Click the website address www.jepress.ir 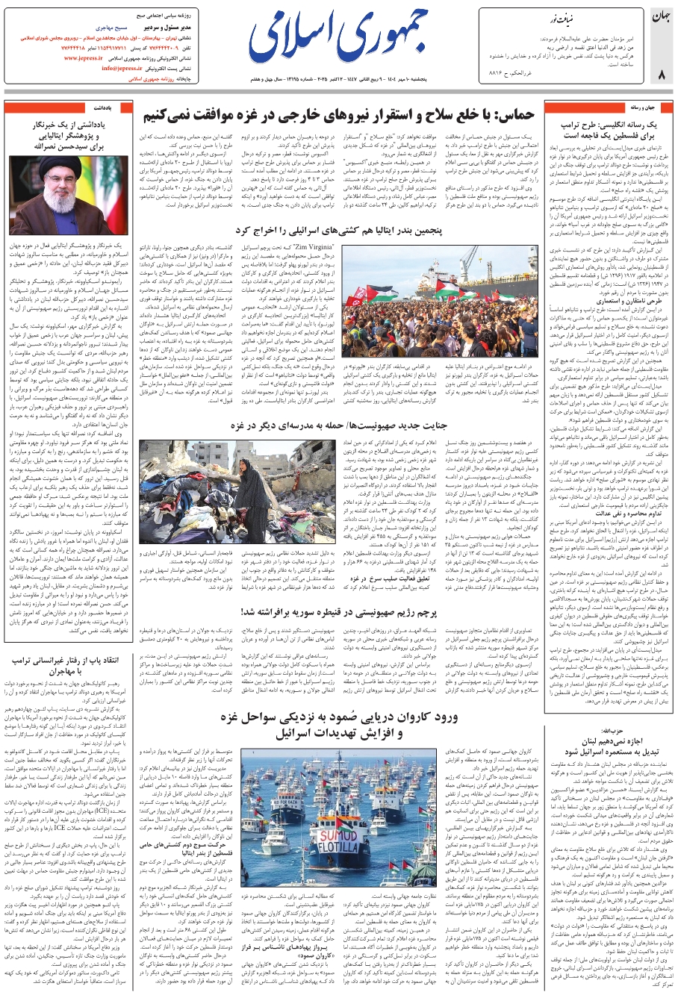coord(89,57)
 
